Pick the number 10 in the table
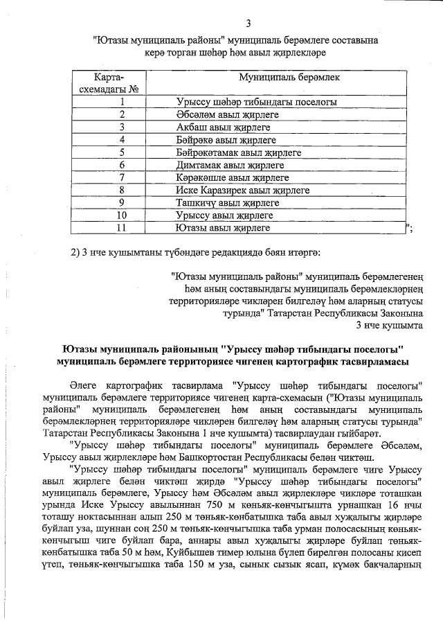coord(121,215)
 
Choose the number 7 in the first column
coord(121,177)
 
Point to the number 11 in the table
coord(121,227)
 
